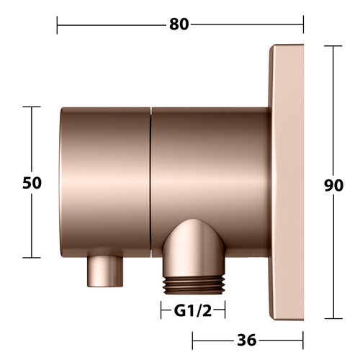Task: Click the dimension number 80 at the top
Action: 179,24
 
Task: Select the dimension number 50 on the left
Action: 32,183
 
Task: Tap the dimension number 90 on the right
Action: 333,185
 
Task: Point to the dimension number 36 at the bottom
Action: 247,341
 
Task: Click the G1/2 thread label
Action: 193,311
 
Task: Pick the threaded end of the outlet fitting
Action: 194,284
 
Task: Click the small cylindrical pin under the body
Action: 105,271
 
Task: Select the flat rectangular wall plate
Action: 286,182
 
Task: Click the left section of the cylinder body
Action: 105,182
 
